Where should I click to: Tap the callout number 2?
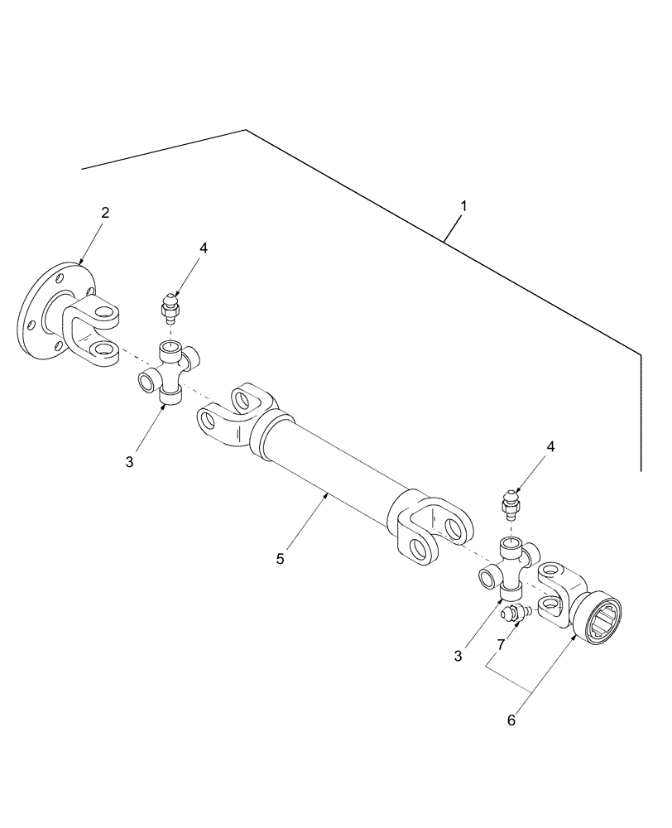pyautogui.click(x=105, y=213)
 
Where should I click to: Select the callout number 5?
pyautogui.click(x=280, y=559)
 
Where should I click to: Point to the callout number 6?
pyautogui.click(x=511, y=720)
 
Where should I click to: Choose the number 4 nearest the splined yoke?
pyautogui.click(x=550, y=446)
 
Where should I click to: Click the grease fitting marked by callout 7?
pyautogui.click(x=515, y=614)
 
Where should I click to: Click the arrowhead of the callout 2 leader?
pyautogui.click(x=82, y=263)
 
